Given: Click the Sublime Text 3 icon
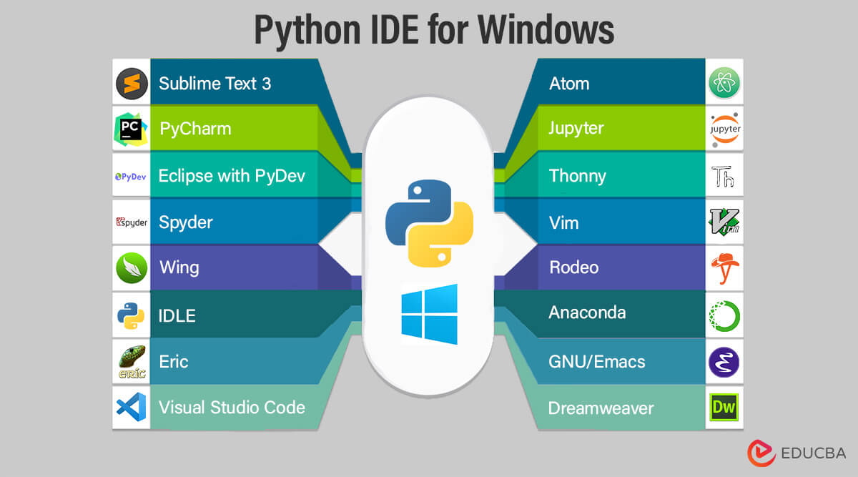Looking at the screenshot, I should coord(132,84).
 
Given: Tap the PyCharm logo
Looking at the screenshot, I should coord(132,129).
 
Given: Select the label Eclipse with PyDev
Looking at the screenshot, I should coord(232,175).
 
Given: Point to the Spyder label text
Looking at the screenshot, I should coord(186,222).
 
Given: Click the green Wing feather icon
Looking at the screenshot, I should coord(132,268).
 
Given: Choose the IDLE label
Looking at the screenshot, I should coord(177,315).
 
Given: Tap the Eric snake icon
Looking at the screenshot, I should coord(132,361).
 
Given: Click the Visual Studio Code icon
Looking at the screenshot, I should coord(132,407).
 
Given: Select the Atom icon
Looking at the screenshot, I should coord(724,84).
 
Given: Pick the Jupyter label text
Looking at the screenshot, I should coord(576,129).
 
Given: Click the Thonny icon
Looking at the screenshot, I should coord(724,175).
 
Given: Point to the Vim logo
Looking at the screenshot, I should coord(724,222).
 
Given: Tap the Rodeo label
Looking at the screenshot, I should coord(574,267).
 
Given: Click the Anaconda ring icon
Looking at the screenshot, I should coord(724,315).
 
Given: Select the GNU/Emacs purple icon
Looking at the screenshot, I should coord(724,361).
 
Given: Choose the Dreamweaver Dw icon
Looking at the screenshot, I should coord(724,408).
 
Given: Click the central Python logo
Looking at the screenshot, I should coord(429,222).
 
